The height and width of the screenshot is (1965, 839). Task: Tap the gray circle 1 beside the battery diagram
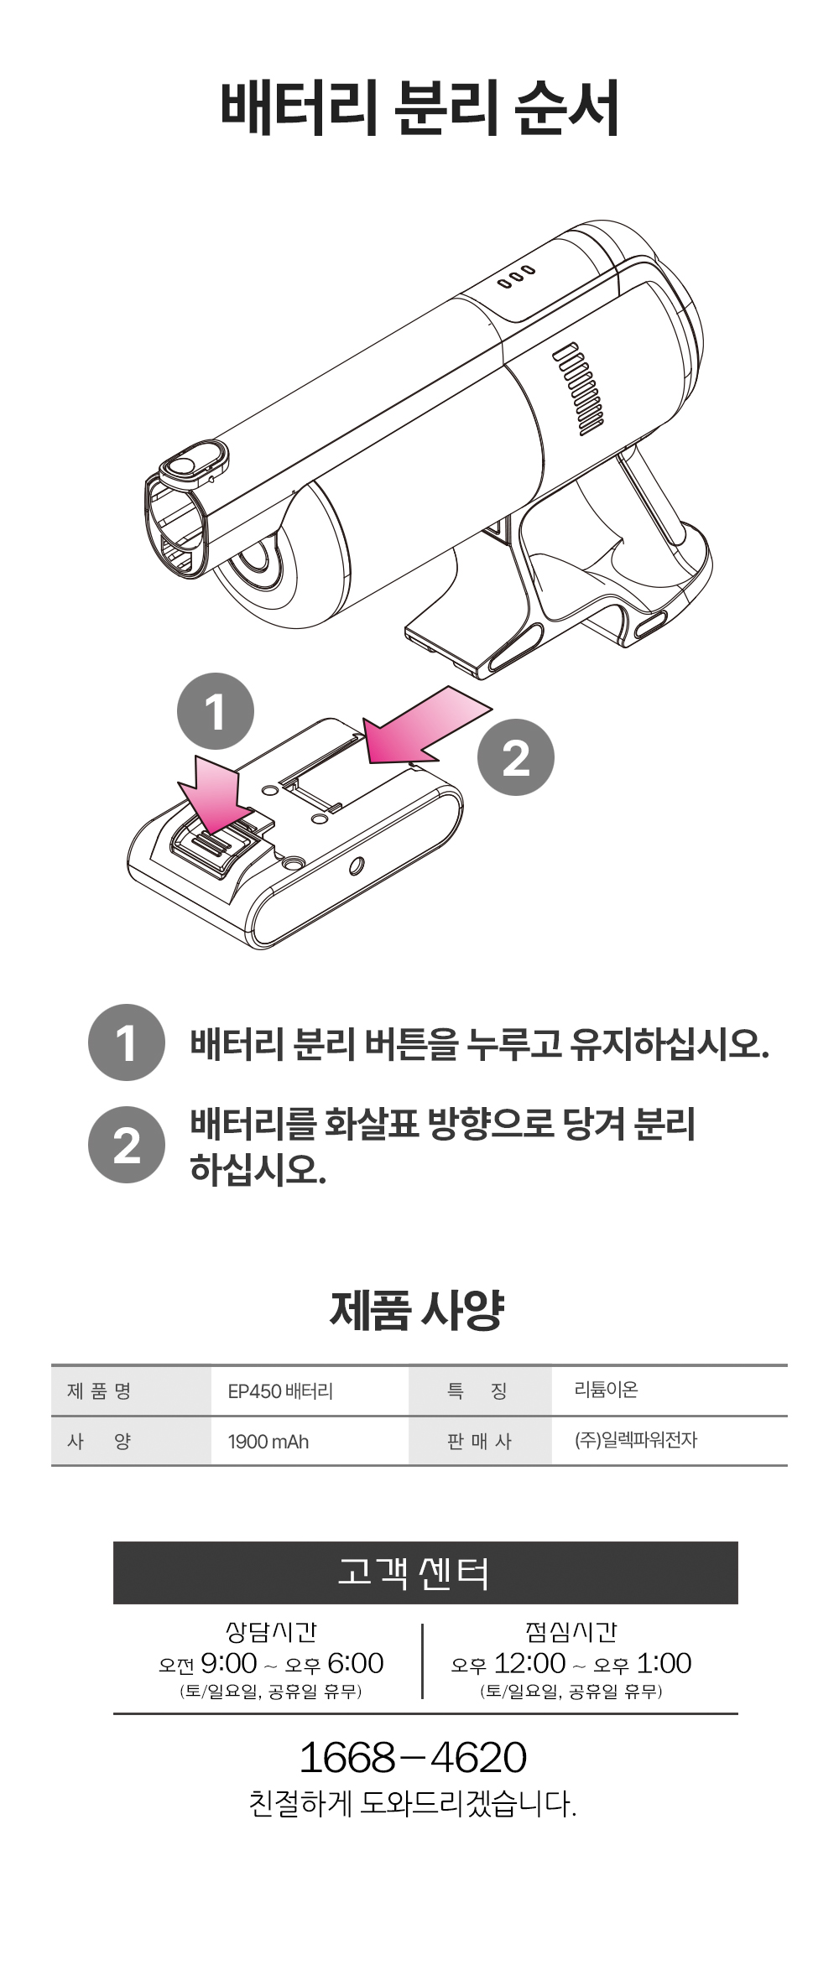point(216,711)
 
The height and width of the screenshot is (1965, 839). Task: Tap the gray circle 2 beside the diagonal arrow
point(516,757)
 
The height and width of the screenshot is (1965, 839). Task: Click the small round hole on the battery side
point(357,865)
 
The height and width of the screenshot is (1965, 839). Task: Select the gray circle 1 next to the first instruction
point(127,1042)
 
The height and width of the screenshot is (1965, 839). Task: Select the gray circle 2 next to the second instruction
point(127,1145)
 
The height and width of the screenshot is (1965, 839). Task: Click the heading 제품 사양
point(417,1310)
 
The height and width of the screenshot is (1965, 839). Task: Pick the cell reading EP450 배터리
point(280,1391)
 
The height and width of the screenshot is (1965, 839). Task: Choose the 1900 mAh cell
point(268,1442)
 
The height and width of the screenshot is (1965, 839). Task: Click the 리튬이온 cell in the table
point(606,1390)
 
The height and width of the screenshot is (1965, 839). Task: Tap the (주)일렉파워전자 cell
point(636,1440)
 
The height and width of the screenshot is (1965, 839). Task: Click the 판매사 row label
point(479,1441)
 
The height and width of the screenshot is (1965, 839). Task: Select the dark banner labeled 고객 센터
point(425,1573)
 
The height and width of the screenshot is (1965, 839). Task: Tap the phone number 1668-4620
point(413,1757)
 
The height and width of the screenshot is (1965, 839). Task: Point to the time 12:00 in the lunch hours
point(529,1663)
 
